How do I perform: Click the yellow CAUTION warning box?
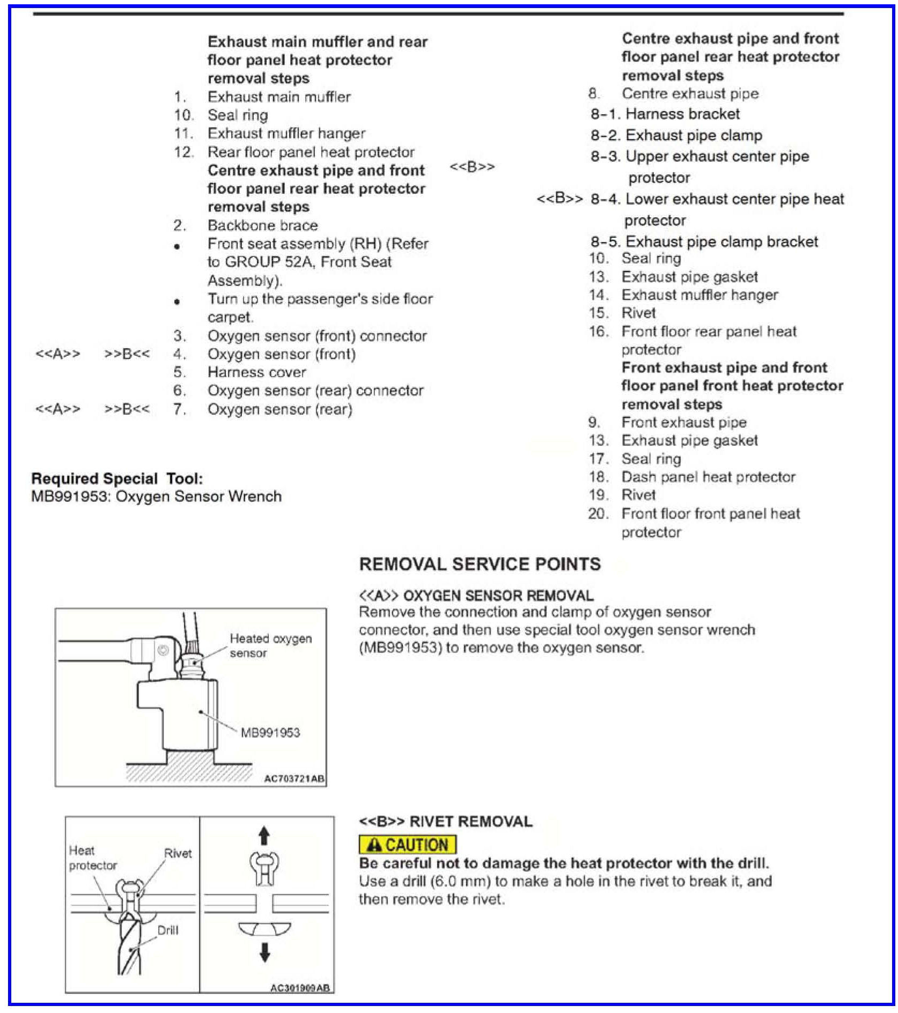[x=407, y=845]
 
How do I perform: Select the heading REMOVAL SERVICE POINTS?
[x=480, y=564]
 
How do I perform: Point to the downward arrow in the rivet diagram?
[x=264, y=952]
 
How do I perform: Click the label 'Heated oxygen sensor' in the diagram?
[x=270, y=645]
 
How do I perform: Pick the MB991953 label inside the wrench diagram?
[x=270, y=732]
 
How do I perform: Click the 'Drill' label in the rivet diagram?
[x=167, y=930]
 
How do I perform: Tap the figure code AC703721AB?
[x=295, y=779]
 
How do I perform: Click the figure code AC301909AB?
[x=300, y=988]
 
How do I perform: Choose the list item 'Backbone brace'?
[x=262, y=225]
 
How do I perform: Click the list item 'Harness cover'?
[x=256, y=372]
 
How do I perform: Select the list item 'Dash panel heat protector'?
[x=708, y=477]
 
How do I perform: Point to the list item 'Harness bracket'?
[x=682, y=114]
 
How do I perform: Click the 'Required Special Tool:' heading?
[x=117, y=479]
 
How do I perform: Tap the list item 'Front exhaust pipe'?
[x=684, y=422]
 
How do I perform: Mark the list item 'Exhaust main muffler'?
[x=279, y=97]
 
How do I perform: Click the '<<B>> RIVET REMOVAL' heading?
[x=445, y=821]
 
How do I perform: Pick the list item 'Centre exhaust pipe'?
[x=690, y=94]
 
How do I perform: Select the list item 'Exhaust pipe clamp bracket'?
[x=722, y=241]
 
